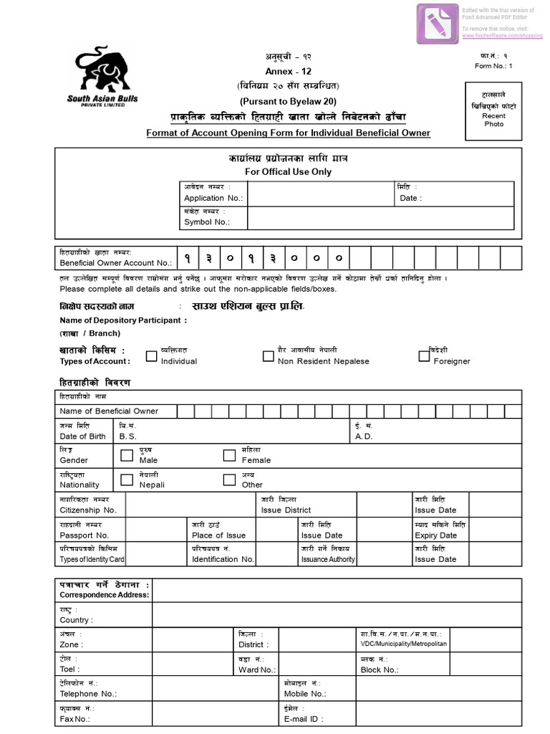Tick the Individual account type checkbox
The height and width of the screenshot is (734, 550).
point(151,356)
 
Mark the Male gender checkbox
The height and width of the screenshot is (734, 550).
point(127,455)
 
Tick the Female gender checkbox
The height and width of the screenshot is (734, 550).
point(229,455)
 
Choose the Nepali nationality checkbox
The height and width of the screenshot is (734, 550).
point(127,480)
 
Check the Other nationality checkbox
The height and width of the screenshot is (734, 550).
point(229,480)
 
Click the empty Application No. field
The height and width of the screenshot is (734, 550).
point(320,194)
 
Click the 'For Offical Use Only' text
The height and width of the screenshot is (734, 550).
point(288,172)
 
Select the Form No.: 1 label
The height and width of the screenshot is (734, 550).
point(494,66)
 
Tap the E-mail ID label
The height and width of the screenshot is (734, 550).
point(304,718)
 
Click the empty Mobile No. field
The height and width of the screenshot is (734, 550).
point(438,689)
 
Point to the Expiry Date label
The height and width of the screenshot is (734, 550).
point(435,535)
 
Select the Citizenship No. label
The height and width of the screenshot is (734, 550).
point(88,510)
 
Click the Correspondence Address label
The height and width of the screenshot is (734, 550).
point(105,595)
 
